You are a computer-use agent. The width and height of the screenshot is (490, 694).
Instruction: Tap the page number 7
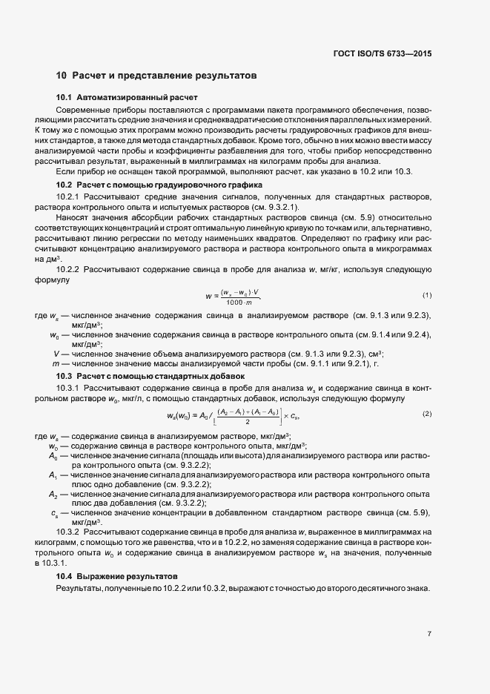(429, 633)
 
